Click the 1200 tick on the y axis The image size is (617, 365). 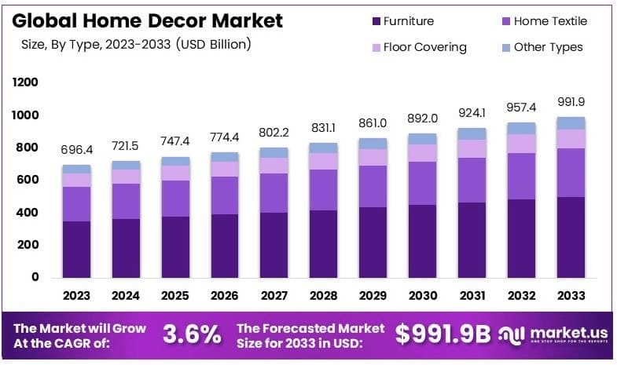click(25, 82)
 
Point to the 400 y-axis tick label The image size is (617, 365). click(28, 212)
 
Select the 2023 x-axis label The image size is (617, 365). click(77, 296)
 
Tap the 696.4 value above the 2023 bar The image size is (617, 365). click(77, 149)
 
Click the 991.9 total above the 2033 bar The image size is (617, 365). click(571, 101)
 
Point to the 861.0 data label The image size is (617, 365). click(373, 122)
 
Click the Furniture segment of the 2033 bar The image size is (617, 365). click(571, 237)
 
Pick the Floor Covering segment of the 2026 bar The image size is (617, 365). click(225, 169)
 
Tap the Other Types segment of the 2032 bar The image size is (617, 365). click(521, 128)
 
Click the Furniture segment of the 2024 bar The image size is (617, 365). click(126, 248)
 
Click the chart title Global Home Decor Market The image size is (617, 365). click(149, 20)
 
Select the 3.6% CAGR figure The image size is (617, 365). click(192, 334)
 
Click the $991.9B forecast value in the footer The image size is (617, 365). click(443, 334)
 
